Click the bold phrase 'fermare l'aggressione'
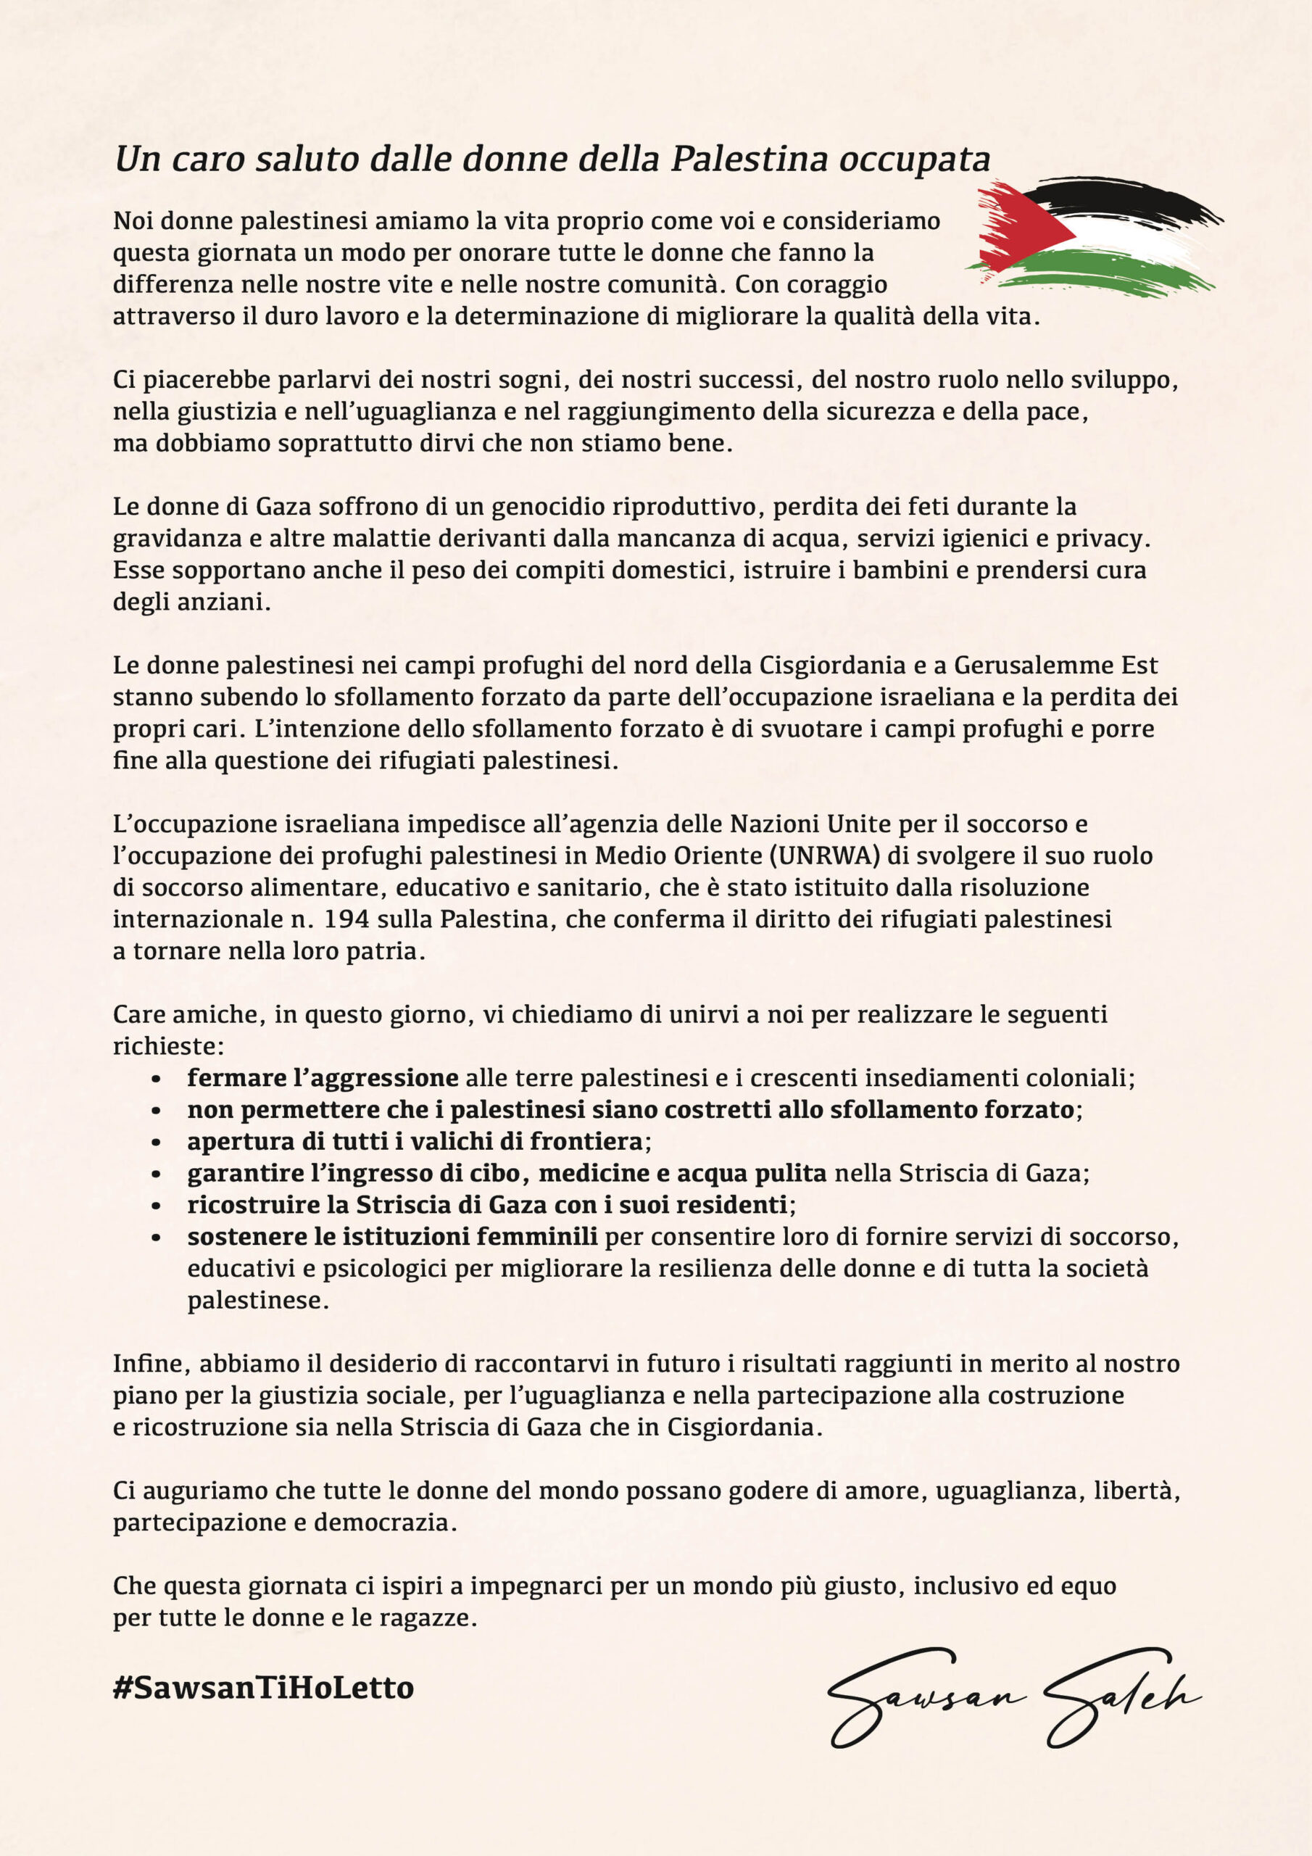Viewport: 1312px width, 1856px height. pos(323,1078)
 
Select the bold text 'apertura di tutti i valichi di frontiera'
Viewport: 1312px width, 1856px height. pos(415,1141)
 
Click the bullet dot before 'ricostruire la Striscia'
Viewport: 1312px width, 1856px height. pos(157,1206)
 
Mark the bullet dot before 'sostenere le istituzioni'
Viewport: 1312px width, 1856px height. pos(157,1238)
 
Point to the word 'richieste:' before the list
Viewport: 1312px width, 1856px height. pos(168,1046)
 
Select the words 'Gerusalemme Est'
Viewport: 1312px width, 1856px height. pos(1055,666)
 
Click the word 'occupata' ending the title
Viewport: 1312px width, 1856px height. pos(914,159)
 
